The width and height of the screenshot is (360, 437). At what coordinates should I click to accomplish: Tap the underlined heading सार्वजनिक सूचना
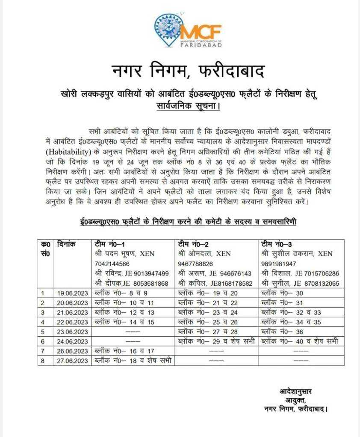click(x=188, y=104)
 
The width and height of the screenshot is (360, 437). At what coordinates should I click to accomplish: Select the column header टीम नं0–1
click(x=109, y=244)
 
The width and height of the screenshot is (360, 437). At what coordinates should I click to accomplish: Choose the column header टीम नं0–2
click(x=193, y=244)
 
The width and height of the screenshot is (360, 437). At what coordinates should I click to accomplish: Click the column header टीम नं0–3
click(x=277, y=244)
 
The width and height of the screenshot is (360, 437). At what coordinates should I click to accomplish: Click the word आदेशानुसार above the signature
click(x=296, y=392)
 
